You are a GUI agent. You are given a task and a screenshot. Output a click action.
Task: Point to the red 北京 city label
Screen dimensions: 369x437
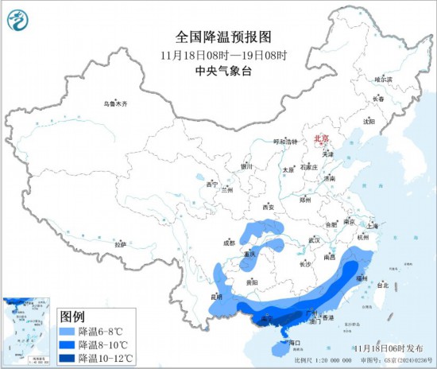coord(322,138)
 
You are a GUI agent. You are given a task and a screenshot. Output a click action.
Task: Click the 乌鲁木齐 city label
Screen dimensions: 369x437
coord(115,104)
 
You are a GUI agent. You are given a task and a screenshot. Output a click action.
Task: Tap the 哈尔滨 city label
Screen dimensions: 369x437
coord(384,80)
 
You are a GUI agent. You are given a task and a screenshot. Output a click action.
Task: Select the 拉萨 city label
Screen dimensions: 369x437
coord(120,244)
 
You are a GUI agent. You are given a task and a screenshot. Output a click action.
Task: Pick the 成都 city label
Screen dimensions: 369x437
coord(229,242)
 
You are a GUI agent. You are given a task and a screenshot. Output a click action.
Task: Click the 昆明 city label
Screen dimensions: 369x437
coord(215,297)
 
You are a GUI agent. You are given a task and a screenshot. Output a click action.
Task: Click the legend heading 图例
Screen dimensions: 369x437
coord(73,316)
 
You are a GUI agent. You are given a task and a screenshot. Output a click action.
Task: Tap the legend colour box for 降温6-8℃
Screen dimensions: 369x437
coord(67,331)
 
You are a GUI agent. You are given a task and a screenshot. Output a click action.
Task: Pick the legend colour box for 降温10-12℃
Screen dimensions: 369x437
coord(67,358)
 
